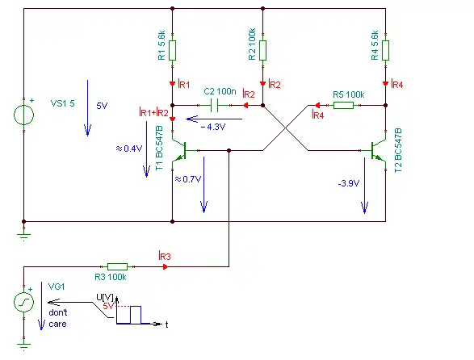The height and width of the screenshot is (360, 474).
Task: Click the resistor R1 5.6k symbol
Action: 172,51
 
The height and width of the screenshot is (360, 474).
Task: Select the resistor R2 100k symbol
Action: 262,51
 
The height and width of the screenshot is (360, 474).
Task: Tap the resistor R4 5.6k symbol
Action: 385,51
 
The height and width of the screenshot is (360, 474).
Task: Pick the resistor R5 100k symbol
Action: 343,105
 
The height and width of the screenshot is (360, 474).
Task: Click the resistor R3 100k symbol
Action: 117,266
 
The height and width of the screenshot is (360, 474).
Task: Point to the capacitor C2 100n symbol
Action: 214,105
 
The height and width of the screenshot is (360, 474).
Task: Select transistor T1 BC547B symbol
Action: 179,150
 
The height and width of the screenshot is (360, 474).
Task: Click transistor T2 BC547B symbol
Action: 378,150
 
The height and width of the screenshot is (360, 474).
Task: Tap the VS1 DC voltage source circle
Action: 24,115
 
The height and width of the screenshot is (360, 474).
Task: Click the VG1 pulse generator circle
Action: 24,302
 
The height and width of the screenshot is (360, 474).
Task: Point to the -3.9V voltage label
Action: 349,183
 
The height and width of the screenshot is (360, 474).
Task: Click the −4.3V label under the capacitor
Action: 213,127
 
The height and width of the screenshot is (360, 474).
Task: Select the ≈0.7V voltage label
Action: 188,179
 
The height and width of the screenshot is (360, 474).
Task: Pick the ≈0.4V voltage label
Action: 129,149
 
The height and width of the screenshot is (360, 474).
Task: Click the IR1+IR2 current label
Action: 153,112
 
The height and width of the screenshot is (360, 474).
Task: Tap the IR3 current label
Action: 165,256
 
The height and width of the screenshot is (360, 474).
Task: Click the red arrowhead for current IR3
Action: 165,266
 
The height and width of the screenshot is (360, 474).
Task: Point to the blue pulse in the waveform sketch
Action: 136,315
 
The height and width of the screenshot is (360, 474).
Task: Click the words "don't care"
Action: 58,318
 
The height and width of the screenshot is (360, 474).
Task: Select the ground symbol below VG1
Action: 24,345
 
